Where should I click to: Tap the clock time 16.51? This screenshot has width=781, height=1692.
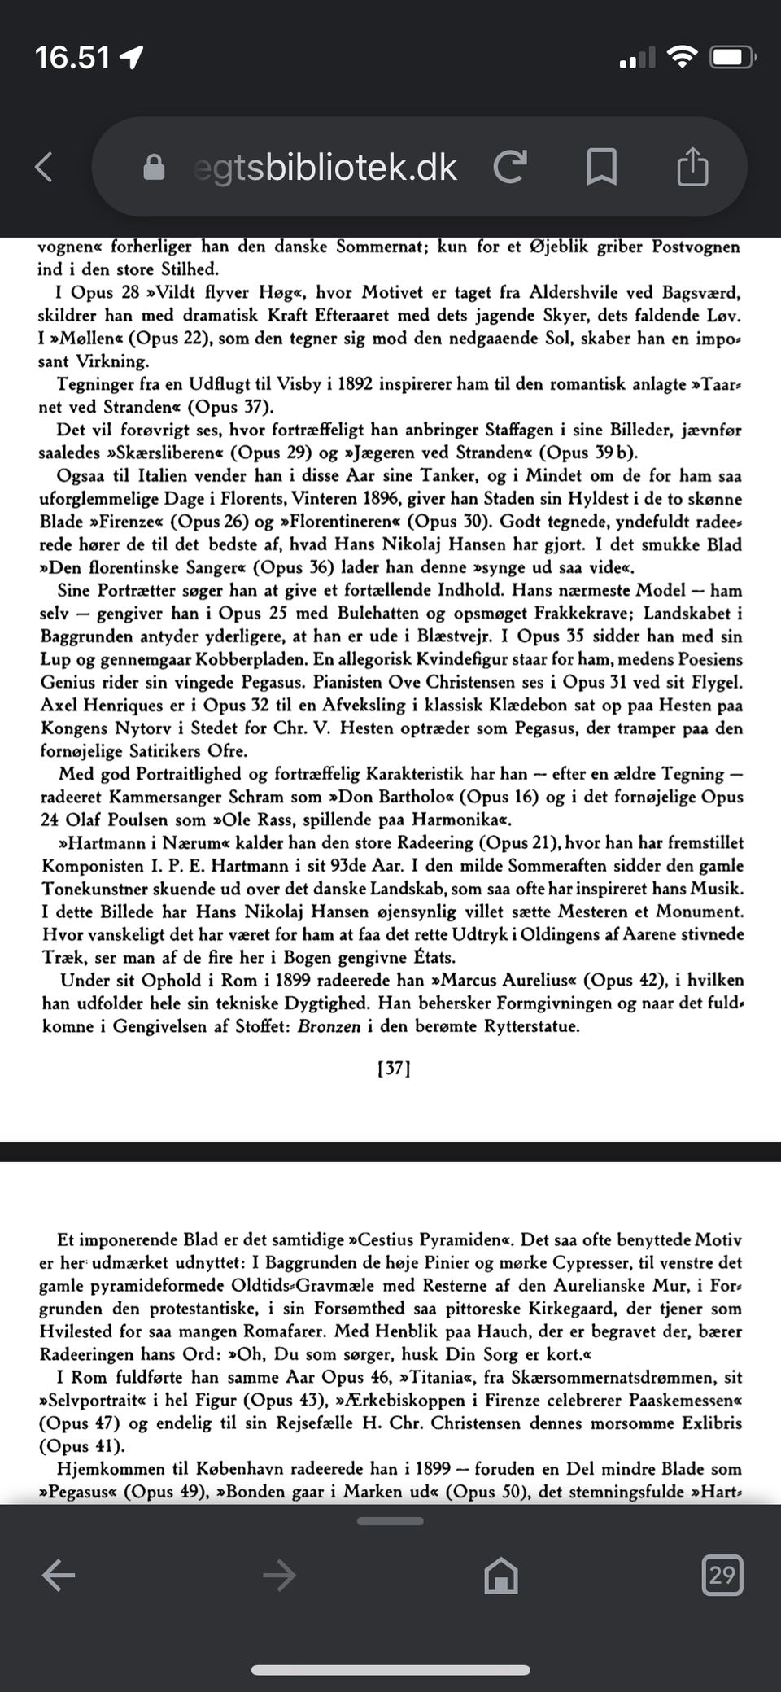coord(72,57)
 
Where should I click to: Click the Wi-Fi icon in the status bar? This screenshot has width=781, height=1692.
coord(681,56)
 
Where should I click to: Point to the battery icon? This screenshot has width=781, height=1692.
coord(733,57)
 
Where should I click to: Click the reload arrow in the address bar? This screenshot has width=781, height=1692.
coord(511,166)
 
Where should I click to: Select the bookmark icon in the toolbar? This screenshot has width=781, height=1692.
coord(601,166)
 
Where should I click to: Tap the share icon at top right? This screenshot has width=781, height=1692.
coord(692,166)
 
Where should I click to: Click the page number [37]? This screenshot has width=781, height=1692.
coord(394,1069)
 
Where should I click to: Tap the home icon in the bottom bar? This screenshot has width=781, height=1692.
coord(500,1575)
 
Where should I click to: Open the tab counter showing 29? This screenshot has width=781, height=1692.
coord(722,1574)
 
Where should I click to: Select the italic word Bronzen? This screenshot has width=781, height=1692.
coord(329,1026)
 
